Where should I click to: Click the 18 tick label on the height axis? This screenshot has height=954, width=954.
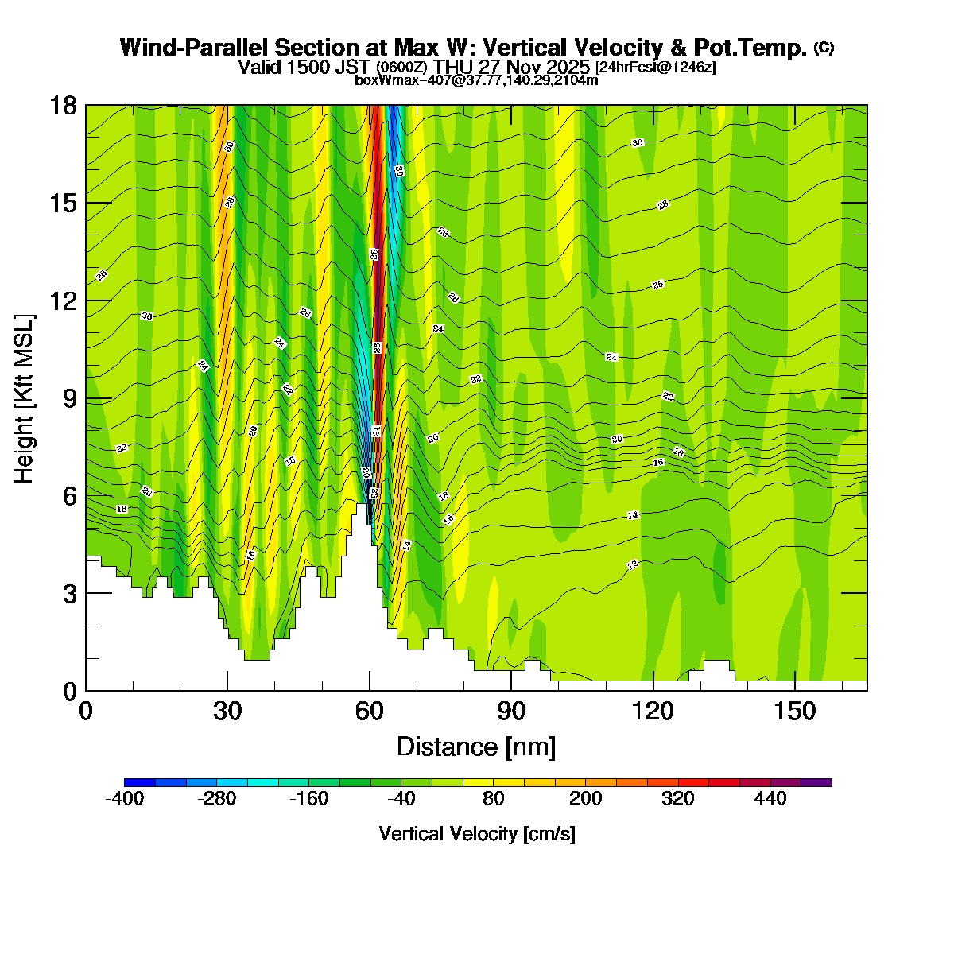click(x=64, y=105)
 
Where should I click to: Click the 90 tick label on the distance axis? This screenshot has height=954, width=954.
click(x=511, y=711)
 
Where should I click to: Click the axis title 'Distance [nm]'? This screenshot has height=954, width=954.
click(x=475, y=747)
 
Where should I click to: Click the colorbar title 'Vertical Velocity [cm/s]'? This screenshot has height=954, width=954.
click(x=477, y=834)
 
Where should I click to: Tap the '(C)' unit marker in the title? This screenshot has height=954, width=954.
click(x=823, y=48)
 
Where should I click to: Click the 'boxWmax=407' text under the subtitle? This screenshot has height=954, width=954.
click(x=390, y=79)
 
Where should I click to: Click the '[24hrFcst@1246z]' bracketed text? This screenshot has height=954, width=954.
click(x=655, y=68)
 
